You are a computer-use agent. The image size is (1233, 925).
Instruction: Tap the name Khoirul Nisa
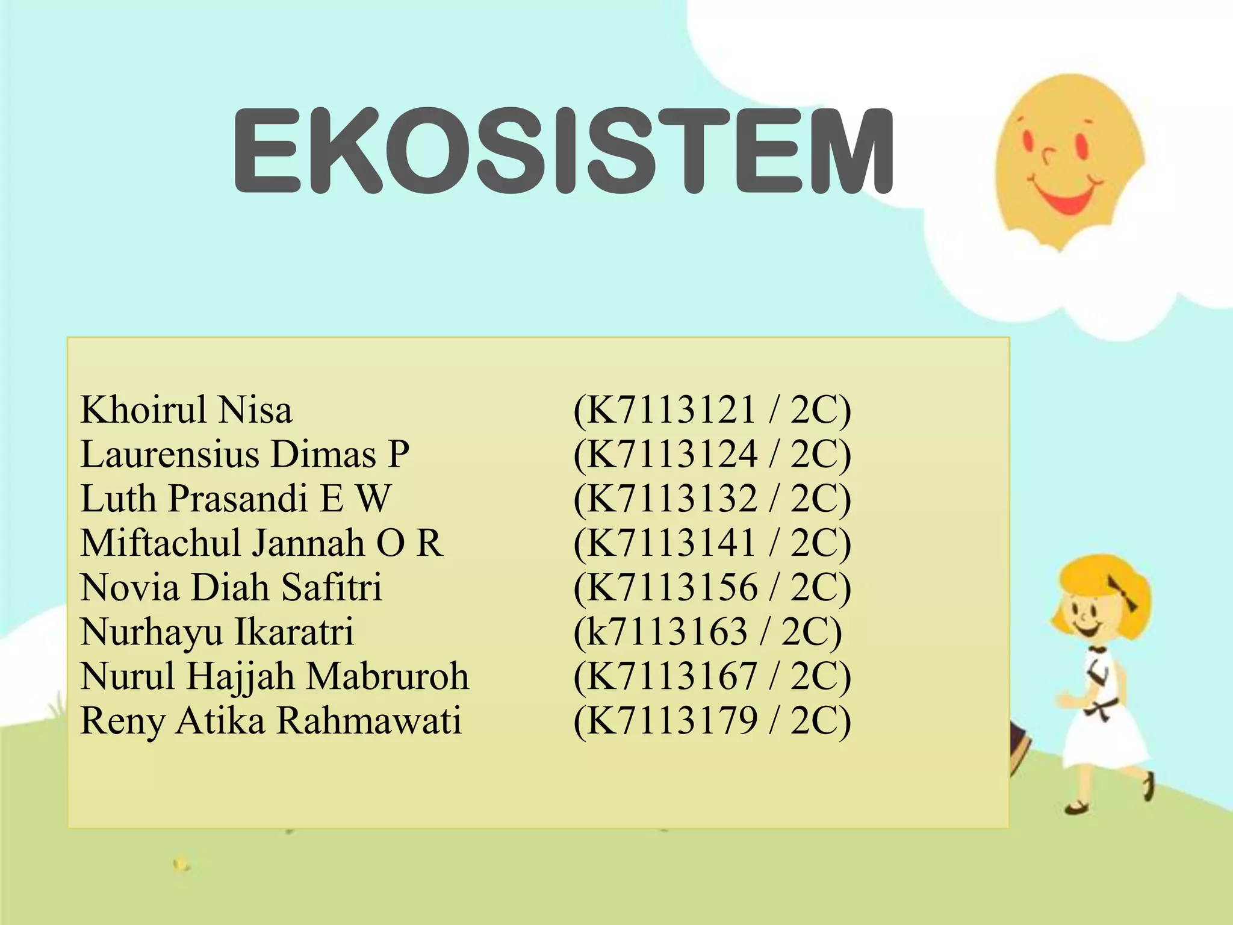186,410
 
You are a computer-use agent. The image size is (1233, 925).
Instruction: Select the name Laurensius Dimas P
244,454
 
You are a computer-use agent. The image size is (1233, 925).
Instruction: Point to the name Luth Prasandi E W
235,499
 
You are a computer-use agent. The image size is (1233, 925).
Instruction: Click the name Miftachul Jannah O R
262,543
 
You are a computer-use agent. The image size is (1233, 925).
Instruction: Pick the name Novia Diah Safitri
231,587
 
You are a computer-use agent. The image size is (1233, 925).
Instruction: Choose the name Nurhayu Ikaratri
217,632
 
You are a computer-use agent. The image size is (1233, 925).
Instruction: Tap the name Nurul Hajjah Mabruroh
275,676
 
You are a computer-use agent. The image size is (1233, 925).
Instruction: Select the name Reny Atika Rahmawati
271,721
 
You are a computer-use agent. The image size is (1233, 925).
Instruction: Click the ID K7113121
671,410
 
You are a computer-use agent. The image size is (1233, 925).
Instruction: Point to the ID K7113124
671,454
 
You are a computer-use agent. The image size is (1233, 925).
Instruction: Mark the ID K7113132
671,499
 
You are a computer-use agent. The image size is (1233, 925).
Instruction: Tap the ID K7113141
671,543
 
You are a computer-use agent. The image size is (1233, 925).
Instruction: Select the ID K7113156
671,587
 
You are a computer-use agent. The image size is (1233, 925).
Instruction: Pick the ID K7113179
671,721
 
